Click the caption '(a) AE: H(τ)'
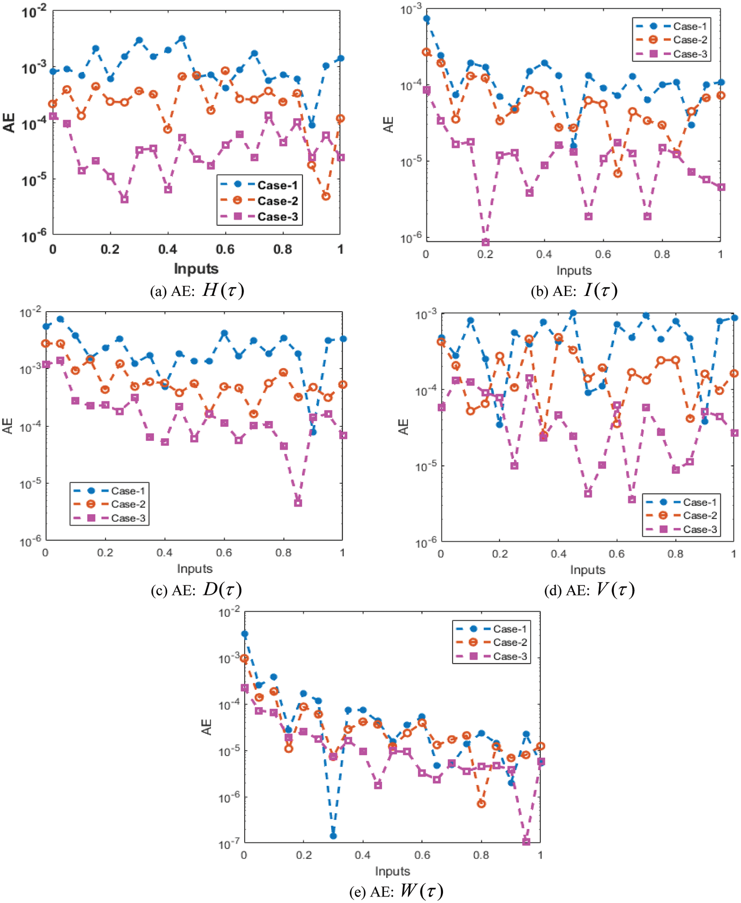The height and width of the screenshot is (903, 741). pyautogui.click(x=197, y=291)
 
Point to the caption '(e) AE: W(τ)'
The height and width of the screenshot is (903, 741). pyautogui.click(x=396, y=891)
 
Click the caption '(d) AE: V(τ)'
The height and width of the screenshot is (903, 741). pyautogui.click(x=589, y=590)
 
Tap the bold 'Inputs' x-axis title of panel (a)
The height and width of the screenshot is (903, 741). pyautogui.click(x=196, y=268)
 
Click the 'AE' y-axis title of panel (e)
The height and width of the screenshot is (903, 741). pyautogui.click(x=207, y=727)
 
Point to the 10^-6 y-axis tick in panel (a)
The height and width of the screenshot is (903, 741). pyautogui.click(x=34, y=235)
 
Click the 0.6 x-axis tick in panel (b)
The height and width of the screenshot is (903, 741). pyautogui.click(x=603, y=254)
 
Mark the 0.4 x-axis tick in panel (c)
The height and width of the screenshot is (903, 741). pyautogui.click(x=164, y=552)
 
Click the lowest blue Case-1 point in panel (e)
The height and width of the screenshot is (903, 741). pyautogui.click(x=333, y=836)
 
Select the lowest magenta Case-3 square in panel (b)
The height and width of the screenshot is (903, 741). pyautogui.click(x=485, y=243)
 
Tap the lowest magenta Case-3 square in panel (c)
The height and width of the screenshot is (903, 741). pyautogui.click(x=298, y=503)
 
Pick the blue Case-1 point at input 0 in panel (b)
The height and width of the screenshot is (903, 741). pyautogui.click(x=426, y=19)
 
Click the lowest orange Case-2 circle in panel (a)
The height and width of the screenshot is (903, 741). pyautogui.click(x=326, y=196)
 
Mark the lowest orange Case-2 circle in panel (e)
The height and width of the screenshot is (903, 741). pyautogui.click(x=481, y=804)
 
